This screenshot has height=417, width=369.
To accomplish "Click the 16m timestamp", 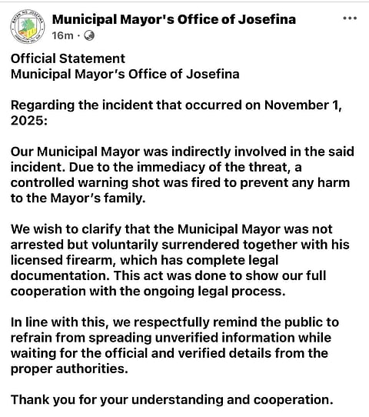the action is [62, 35].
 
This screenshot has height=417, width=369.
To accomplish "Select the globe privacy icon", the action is [88, 35].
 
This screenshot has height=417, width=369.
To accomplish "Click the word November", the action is [298, 105].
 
